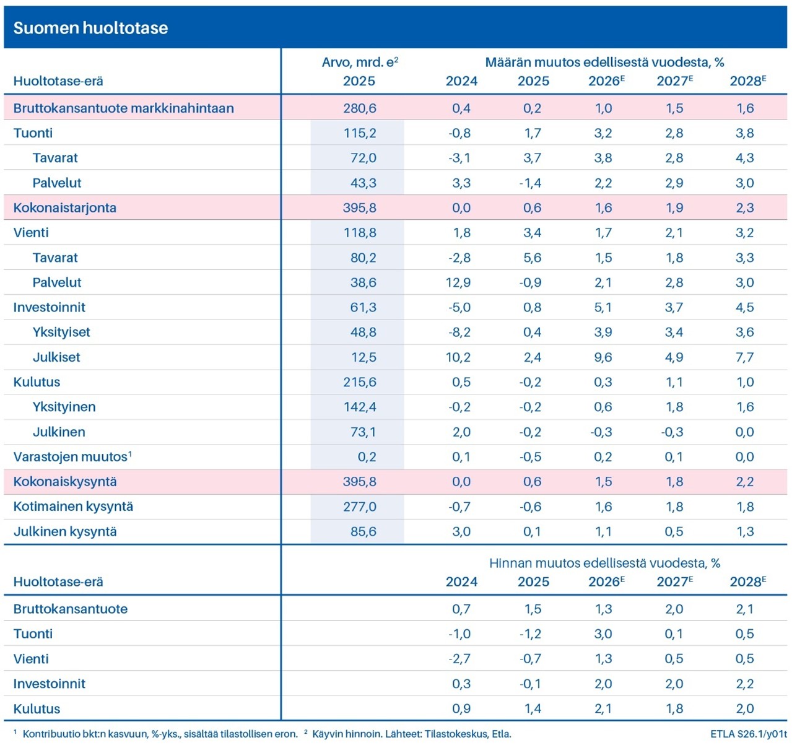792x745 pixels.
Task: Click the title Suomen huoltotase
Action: (x=90, y=28)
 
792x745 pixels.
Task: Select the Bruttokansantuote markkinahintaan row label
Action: (x=123, y=108)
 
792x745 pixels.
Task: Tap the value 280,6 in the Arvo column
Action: (x=359, y=108)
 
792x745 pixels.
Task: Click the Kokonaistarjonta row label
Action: (x=64, y=207)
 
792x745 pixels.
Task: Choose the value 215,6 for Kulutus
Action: (x=359, y=382)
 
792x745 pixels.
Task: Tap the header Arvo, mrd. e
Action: (x=359, y=62)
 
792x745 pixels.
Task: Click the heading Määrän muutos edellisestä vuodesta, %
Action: (x=604, y=62)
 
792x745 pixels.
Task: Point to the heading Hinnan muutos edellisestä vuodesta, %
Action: (x=604, y=563)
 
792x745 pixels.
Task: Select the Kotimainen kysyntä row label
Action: (x=73, y=507)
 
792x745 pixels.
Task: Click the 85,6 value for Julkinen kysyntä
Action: (x=363, y=531)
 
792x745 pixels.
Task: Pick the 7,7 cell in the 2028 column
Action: (x=745, y=357)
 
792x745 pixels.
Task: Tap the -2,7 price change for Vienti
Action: (x=459, y=659)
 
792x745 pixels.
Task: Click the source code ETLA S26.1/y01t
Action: (x=748, y=734)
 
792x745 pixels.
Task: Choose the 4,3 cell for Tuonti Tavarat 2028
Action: (x=745, y=158)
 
